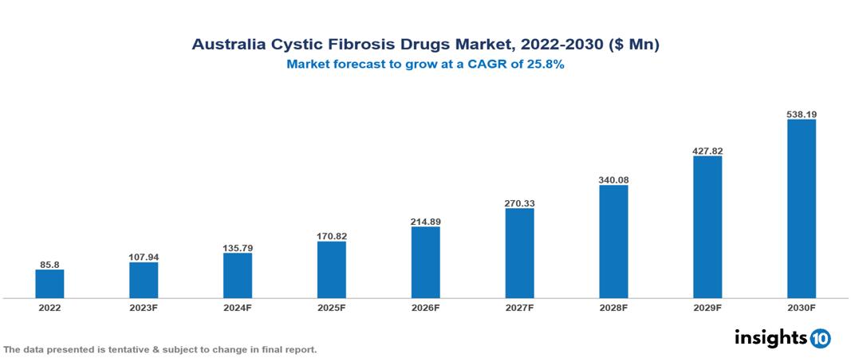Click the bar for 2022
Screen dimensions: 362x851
(49, 284)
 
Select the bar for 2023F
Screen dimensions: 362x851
(144, 280)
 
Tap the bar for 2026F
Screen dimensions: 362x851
(425, 262)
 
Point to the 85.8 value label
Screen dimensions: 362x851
(49, 264)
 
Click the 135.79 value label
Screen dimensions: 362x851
(238, 248)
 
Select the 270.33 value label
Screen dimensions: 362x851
(519, 203)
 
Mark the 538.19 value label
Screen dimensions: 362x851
(802, 115)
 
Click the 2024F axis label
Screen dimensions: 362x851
(238, 308)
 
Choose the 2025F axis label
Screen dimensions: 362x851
(331, 308)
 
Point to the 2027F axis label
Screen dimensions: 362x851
(519, 308)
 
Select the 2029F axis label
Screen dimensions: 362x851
(707, 308)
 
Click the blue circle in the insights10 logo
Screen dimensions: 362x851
(820, 338)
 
